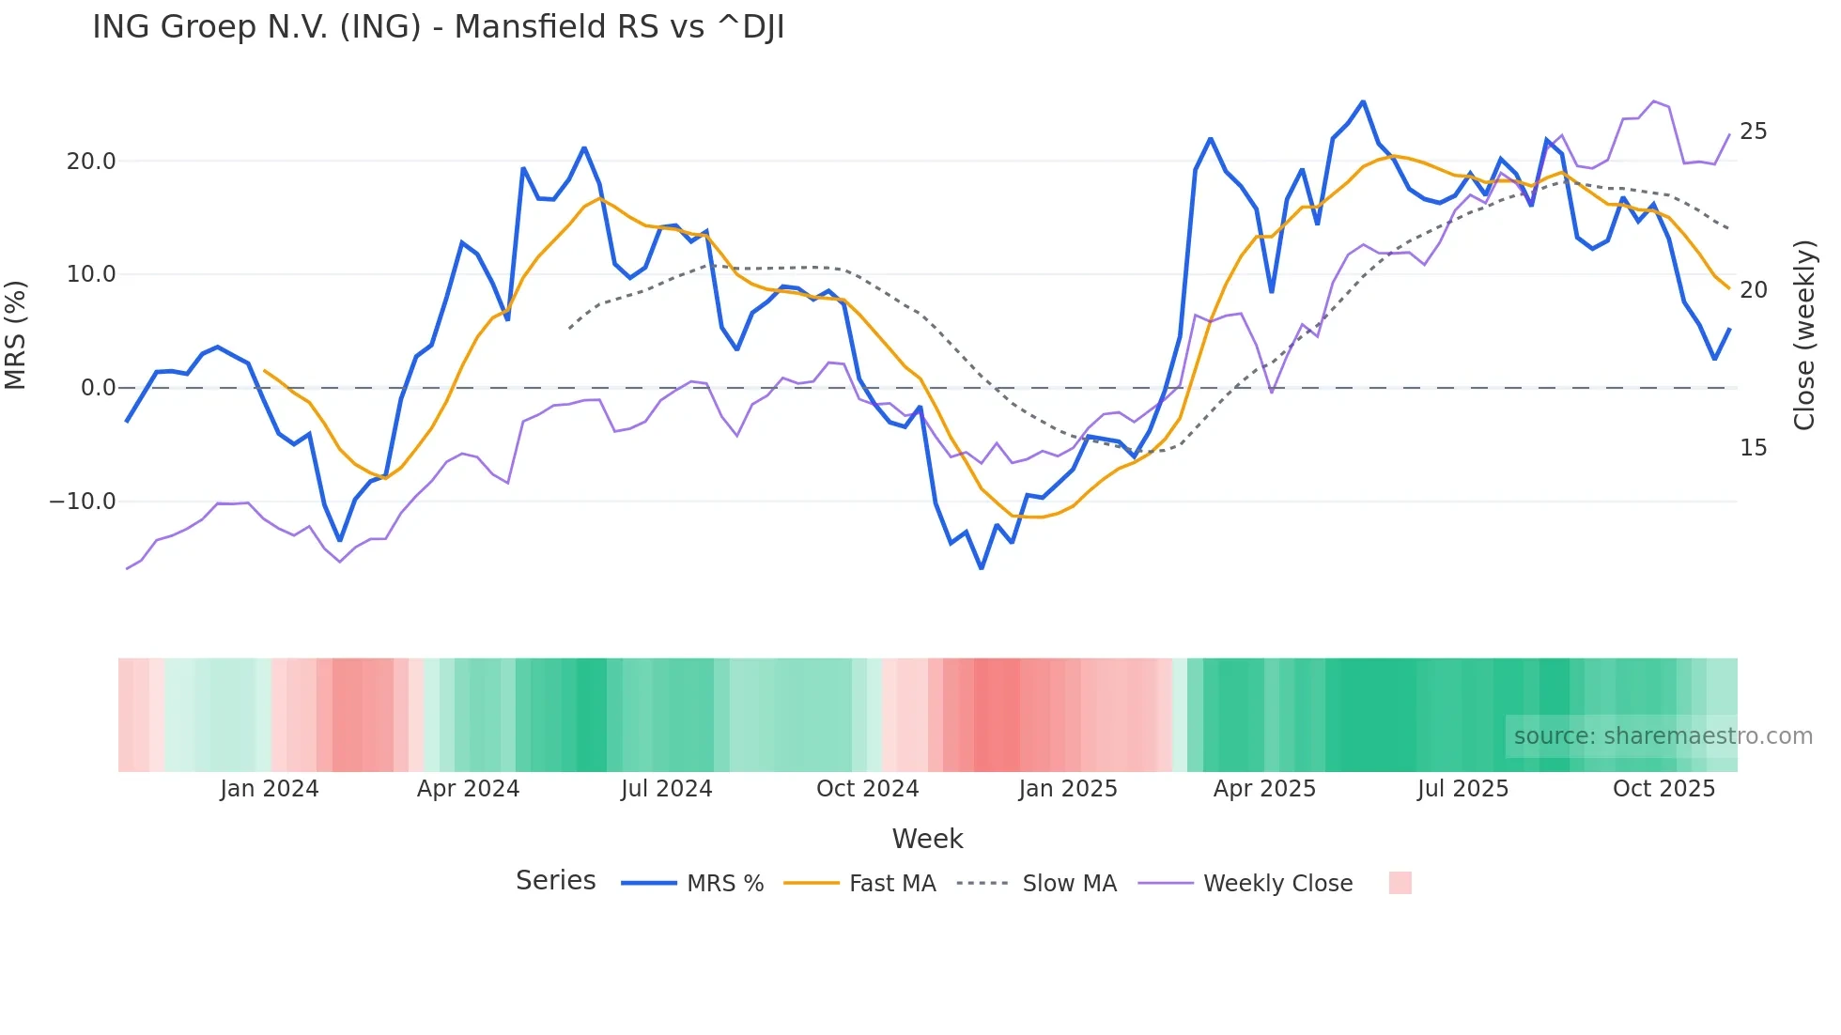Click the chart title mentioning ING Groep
click(438, 27)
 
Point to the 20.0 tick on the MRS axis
click(91, 162)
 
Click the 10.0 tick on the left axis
click(91, 274)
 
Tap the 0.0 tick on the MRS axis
click(98, 388)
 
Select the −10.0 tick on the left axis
click(83, 502)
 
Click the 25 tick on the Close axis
click(1753, 131)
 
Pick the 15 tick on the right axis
click(1753, 448)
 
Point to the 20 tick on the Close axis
click(1753, 290)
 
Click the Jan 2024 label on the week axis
click(270, 789)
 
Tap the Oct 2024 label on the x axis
click(867, 789)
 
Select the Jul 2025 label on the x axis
click(1462, 789)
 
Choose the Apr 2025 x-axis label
click(1264, 789)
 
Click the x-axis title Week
click(927, 839)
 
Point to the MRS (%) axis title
click(16, 334)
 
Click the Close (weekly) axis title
click(1803, 335)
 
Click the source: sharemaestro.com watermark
click(1663, 736)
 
